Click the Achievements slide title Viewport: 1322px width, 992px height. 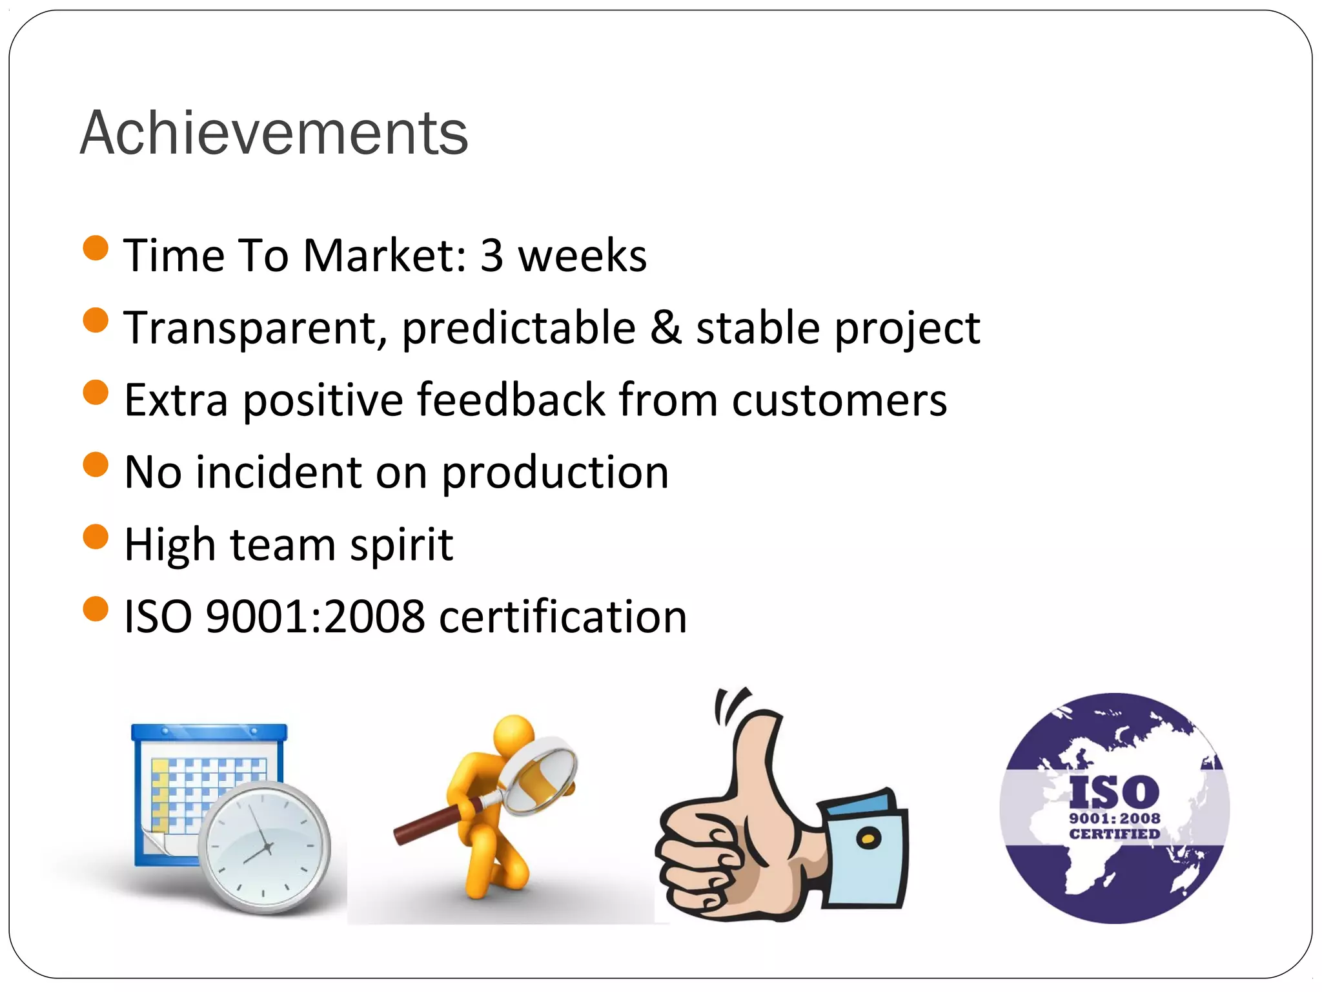tap(274, 133)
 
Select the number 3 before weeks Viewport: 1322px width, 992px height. tap(492, 255)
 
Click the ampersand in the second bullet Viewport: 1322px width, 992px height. tap(666, 327)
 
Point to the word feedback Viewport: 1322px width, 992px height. tap(511, 400)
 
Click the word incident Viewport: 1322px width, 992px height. tap(278, 472)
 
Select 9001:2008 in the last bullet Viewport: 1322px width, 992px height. tap(315, 617)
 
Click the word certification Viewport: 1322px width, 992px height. tap(563, 617)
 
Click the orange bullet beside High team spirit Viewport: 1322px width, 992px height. tap(96, 537)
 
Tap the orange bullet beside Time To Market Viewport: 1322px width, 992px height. tap(96, 248)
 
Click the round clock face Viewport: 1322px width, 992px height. tap(265, 847)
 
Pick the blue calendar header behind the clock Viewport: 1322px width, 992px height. tap(208, 732)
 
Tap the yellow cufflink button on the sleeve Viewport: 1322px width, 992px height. tap(868, 838)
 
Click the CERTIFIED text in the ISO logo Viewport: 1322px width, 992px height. tap(1114, 834)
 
